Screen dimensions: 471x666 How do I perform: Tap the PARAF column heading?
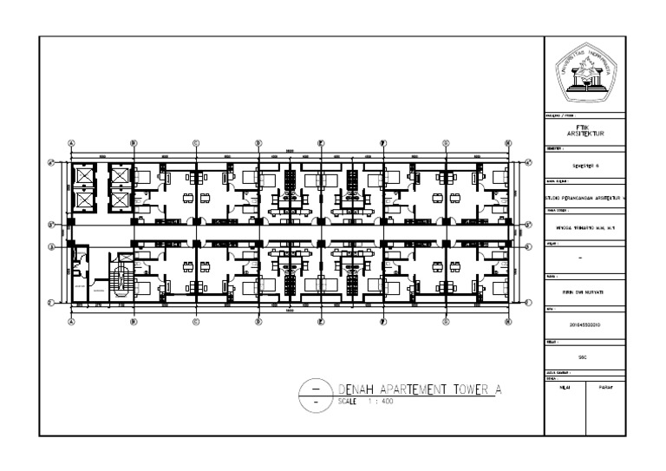click(608, 387)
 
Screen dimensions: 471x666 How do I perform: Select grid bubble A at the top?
click(71, 143)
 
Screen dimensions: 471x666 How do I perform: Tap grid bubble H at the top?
click(507, 143)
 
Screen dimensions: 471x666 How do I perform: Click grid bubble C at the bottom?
click(196, 320)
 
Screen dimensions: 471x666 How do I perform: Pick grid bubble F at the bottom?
click(382, 320)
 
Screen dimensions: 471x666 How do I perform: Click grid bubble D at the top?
click(258, 143)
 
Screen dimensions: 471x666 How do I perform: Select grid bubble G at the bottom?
click(445, 320)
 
